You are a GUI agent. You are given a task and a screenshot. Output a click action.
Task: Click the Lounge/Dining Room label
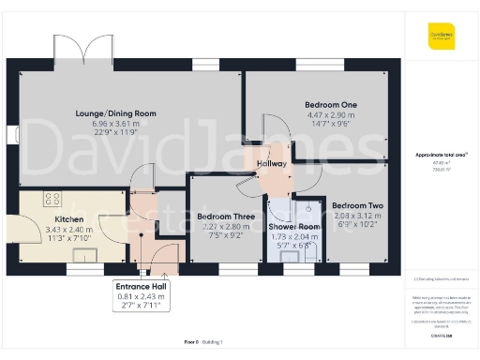pyautogui.click(x=116, y=113)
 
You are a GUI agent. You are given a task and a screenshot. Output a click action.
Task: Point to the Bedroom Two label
pyautogui.click(x=357, y=205)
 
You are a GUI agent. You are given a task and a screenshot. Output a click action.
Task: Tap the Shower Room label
pyautogui.click(x=294, y=227)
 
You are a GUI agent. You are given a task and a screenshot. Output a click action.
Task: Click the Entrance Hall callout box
pyautogui.click(x=138, y=293)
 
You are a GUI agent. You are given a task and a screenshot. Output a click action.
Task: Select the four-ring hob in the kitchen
pyautogui.click(x=52, y=199)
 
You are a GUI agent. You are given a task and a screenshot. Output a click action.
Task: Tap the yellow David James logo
pyautogui.click(x=442, y=37)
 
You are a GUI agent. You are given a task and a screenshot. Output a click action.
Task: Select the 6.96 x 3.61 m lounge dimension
pyautogui.click(x=115, y=124)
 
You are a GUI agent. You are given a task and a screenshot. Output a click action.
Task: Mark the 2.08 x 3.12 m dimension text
pyautogui.click(x=357, y=216)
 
